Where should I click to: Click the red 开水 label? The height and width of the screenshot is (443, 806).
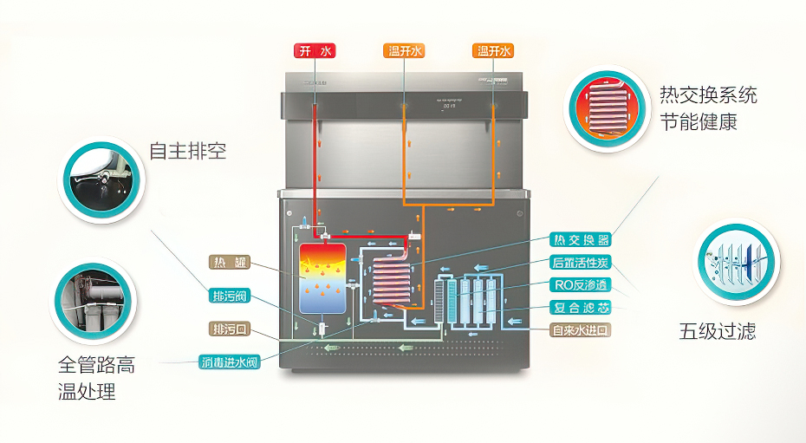tap(315, 51)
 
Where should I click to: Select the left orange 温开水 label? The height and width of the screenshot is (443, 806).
tap(405, 51)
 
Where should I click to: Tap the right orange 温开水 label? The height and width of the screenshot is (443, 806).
tap(494, 51)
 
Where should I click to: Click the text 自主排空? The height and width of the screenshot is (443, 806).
tap(188, 150)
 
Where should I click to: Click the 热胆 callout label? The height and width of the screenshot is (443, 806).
tap(230, 261)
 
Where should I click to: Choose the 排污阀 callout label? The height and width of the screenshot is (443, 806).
tap(230, 296)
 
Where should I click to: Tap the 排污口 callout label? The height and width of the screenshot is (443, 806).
tap(230, 329)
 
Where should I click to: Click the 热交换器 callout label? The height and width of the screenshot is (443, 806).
tap(581, 240)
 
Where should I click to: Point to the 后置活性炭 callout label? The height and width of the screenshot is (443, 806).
tap(581, 262)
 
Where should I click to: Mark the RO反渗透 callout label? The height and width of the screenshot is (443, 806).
tap(581, 284)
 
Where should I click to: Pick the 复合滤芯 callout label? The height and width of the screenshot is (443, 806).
tap(581, 307)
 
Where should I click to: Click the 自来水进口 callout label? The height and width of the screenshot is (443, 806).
tap(581, 329)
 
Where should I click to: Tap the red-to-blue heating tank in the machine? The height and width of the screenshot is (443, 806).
tap(322, 277)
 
